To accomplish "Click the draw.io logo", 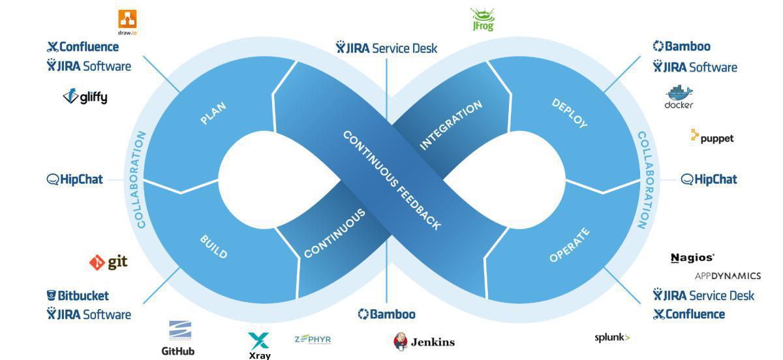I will click(x=127, y=22).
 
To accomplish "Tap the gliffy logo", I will click(x=85, y=97).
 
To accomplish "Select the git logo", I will click(x=108, y=262).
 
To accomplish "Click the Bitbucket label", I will click(x=78, y=295).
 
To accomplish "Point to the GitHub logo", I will click(x=178, y=338).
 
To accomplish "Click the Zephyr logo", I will click(x=313, y=339).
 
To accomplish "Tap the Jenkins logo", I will click(x=424, y=342).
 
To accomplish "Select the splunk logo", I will click(x=611, y=337).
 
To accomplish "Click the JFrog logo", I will click(x=482, y=20).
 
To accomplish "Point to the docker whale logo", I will click(x=679, y=97).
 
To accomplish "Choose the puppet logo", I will click(x=712, y=138).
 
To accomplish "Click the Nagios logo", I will click(x=692, y=258).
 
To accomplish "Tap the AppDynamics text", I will click(x=727, y=276).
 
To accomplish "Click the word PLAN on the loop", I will click(x=213, y=113).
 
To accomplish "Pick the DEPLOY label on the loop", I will click(x=569, y=113).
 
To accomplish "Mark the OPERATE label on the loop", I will click(x=569, y=245).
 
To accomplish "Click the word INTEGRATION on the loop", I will click(x=451, y=125).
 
